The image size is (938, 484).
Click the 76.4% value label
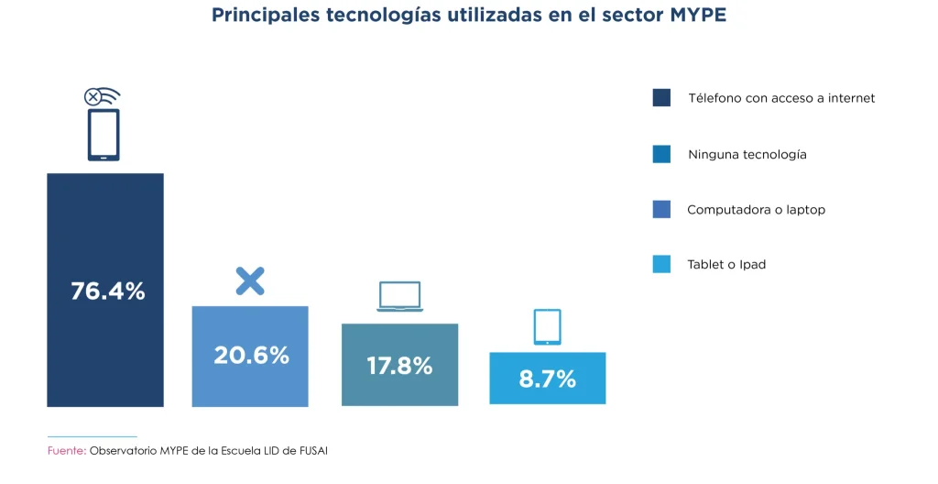pyautogui.click(x=107, y=291)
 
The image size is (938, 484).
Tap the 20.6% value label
pyautogui.click(x=251, y=355)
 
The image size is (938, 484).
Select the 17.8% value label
pyautogui.click(x=399, y=366)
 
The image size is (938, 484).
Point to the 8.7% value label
pyautogui.click(x=547, y=379)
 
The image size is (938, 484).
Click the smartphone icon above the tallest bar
pyautogui.click(x=104, y=135)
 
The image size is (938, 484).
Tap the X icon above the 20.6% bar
pyautogui.click(x=249, y=280)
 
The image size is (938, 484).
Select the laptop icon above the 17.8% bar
pyautogui.click(x=399, y=297)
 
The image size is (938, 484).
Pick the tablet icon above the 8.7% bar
pyautogui.click(x=547, y=327)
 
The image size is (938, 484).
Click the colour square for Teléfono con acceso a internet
pyautogui.click(x=661, y=98)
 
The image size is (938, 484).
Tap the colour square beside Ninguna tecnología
pyautogui.click(x=661, y=154)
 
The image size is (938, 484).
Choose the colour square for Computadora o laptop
pyautogui.click(x=661, y=209)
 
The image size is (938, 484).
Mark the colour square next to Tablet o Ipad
pyautogui.click(x=661, y=264)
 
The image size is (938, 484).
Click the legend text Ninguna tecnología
pyautogui.click(x=747, y=154)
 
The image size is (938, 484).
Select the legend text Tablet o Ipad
pyautogui.click(x=726, y=264)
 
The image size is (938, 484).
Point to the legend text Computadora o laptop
pyautogui.click(x=756, y=209)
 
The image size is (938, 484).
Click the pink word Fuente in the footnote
pyautogui.click(x=65, y=451)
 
